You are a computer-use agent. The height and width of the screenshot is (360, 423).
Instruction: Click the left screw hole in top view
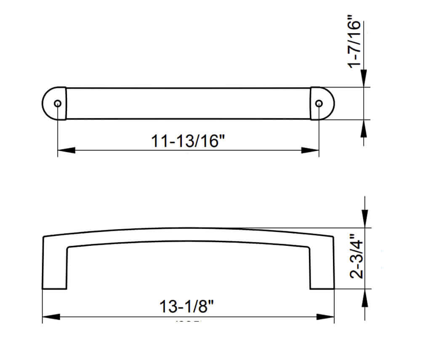pyautogui.click(x=58, y=104)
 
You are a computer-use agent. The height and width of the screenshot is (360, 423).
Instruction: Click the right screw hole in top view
pyautogui.click(x=319, y=104)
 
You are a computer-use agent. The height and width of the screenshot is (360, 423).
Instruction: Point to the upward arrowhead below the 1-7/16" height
pyautogui.click(x=364, y=128)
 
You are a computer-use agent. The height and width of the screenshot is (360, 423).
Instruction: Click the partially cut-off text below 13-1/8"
pyautogui.click(x=188, y=322)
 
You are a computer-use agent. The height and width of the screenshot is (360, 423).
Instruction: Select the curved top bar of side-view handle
pyautogui.click(x=188, y=235)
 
